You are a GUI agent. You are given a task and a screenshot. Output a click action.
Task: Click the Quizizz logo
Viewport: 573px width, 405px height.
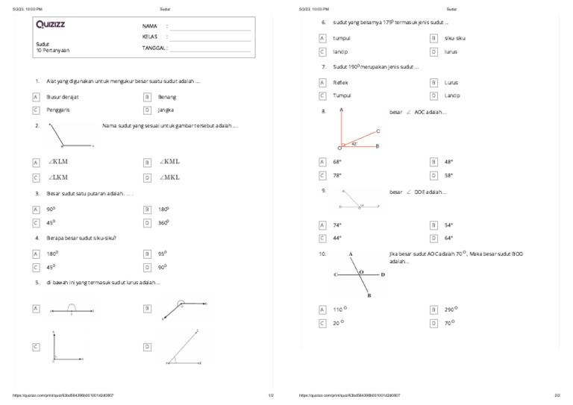pos(50,25)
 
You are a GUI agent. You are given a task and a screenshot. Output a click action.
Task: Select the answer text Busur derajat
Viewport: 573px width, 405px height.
pos(63,97)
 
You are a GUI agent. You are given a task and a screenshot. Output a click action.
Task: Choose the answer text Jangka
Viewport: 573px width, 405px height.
pos(166,110)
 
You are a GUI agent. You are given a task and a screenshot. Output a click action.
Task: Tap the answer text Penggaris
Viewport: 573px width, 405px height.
pos(59,110)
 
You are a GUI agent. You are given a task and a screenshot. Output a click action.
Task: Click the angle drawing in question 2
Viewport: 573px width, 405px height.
pos(70,136)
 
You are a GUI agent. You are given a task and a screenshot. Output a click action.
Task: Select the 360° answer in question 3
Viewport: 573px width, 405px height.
pos(163,222)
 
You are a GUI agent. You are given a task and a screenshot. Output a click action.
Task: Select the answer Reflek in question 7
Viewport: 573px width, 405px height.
pos(340,83)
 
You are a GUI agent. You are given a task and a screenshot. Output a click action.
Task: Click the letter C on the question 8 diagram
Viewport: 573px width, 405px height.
pos(378,131)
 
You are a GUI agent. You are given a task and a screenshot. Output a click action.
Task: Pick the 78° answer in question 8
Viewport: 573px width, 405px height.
pos(337,175)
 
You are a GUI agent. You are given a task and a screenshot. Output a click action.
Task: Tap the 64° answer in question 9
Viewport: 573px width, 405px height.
pos(448,238)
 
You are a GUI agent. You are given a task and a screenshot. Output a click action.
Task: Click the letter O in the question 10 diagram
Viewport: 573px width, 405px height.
pos(362,272)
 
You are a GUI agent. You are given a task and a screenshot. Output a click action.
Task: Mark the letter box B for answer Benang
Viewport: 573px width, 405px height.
pos(148,97)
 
